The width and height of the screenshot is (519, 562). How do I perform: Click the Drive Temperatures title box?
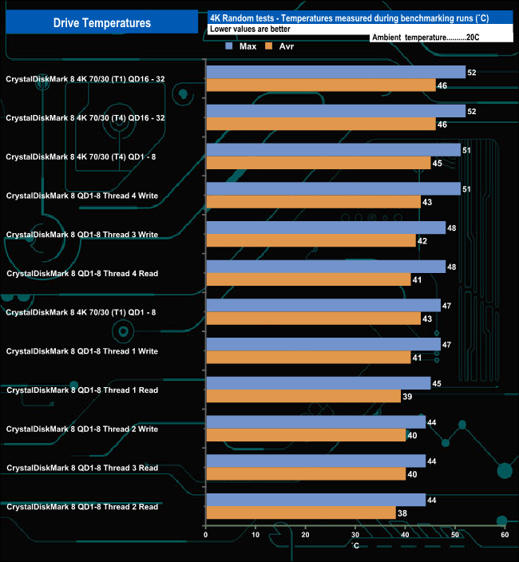(x=101, y=23)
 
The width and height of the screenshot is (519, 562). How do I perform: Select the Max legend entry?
(x=241, y=46)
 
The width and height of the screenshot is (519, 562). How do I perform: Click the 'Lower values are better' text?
(x=250, y=29)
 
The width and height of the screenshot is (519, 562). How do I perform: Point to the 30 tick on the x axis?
(x=355, y=535)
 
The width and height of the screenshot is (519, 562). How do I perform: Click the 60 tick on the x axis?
(x=505, y=535)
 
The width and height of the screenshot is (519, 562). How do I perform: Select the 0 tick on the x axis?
(x=206, y=535)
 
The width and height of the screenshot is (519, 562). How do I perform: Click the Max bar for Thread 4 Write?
(x=333, y=189)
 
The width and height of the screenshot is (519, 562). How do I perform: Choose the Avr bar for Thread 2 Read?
(x=301, y=513)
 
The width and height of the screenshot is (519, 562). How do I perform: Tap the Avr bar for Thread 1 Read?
(x=303, y=396)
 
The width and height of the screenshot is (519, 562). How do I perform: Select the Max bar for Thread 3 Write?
(x=326, y=228)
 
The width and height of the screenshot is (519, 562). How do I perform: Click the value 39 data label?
(x=408, y=396)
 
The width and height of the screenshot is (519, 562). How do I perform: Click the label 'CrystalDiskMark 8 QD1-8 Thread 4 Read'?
(x=82, y=274)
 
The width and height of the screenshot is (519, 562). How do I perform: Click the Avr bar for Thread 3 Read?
(x=306, y=474)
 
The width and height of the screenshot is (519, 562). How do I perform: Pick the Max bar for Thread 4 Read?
(x=326, y=267)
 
